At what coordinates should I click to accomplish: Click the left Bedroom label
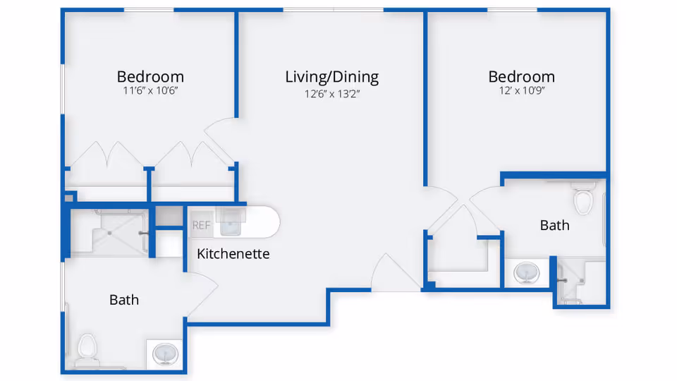click(x=150, y=76)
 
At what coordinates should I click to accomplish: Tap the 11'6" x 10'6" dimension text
click(x=150, y=92)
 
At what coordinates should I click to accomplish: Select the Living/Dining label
click(x=331, y=76)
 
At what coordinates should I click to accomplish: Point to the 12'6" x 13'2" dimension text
click(x=331, y=92)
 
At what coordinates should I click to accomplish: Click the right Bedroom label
click(x=521, y=76)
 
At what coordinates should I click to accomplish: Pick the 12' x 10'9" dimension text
click(x=521, y=92)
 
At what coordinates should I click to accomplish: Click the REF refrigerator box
click(x=201, y=226)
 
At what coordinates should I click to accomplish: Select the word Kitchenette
click(x=233, y=253)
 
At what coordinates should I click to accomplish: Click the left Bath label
click(x=123, y=300)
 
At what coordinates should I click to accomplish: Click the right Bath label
click(x=554, y=225)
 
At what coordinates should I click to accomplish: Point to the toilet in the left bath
click(x=87, y=348)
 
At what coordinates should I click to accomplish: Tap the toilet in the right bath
click(x=584, y=200)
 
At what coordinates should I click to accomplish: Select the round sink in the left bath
click(x=166, y=352)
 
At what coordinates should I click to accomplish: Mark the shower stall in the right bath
click(x=580, y=281)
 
